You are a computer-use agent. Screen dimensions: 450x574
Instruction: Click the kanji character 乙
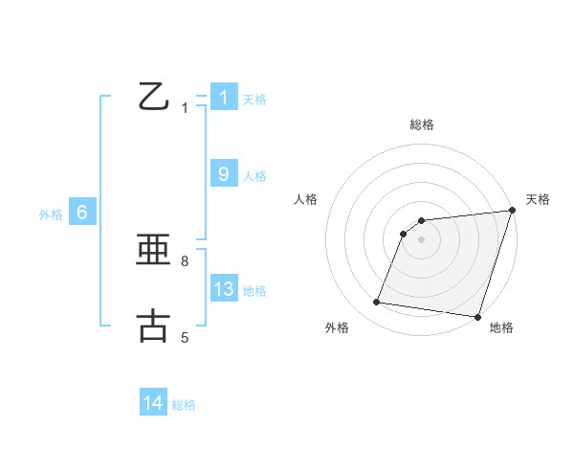coord(153,97)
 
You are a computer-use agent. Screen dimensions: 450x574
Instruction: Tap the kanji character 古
coord(153,326)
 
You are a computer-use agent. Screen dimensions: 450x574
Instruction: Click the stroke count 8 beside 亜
coord(185,260)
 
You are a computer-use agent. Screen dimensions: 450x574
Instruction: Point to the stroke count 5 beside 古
coord(185,337)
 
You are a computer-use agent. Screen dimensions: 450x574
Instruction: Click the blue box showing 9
coord(224,174)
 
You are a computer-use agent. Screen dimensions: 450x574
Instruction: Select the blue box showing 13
coord(224,289)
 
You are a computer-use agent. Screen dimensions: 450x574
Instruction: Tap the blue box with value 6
coord(82,213)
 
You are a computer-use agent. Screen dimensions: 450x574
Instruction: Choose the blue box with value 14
coord(153,403)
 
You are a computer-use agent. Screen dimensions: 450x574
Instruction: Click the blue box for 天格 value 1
coord(224,98)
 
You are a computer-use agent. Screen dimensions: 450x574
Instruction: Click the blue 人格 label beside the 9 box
coord(254,176)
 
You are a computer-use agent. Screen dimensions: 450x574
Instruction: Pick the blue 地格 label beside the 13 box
coord(254,291)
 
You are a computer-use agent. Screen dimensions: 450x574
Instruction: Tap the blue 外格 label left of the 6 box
coord(51,214)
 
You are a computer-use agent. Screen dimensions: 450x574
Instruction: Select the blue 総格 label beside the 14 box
coord(184,405)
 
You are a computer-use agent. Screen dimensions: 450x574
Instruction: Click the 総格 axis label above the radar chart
coord(422,124)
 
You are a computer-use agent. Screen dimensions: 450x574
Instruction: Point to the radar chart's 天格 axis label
coord(538,199)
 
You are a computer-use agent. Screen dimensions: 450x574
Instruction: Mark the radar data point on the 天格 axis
coord(512,211)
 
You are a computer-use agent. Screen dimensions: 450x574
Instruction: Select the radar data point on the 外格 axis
coord(377,303)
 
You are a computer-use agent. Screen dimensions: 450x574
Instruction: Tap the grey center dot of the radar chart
coord(422,239)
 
